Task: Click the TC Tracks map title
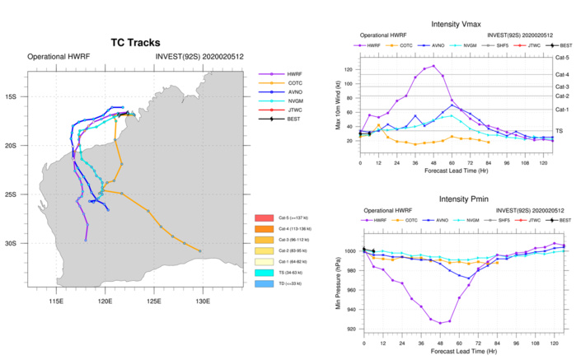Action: [x=135, y=43]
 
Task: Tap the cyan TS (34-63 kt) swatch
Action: [x=265, y=272]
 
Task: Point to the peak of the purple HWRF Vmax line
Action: [x=433, y=66]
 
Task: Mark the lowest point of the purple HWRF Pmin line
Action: [x=441, y=323]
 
